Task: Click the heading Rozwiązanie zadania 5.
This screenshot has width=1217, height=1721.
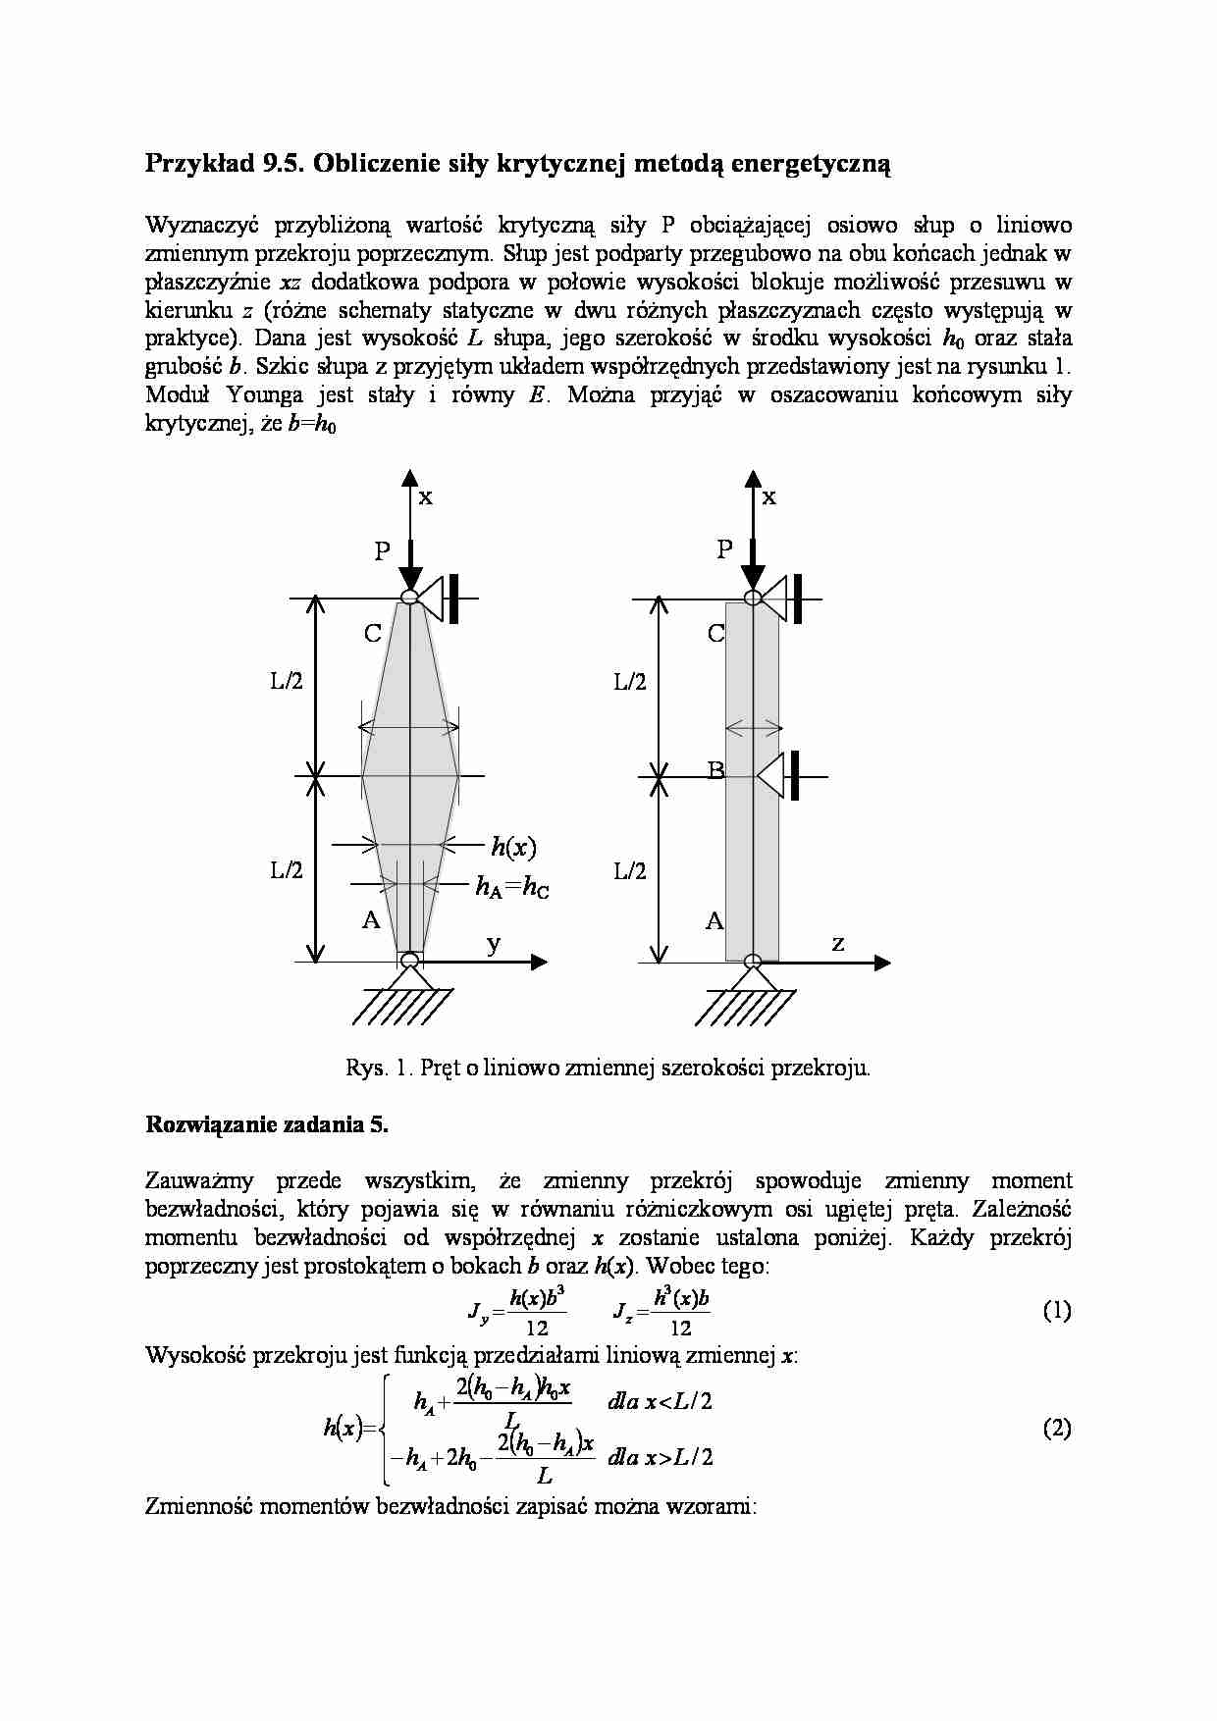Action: tap(267, 1124)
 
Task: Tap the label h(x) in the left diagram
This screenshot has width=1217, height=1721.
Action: tap(513, 846)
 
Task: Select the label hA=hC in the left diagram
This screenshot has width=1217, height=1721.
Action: tap(512, 887)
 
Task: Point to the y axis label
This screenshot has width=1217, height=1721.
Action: tap(494, 944)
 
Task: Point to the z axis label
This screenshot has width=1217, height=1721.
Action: tap(837, 944)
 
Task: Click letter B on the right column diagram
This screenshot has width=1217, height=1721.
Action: tap(716, 770)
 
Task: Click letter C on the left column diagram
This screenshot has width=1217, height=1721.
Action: tap(373, 634)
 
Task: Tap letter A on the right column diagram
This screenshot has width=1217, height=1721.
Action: tap(714, 920)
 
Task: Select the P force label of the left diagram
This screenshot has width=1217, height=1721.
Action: tap(382, 551)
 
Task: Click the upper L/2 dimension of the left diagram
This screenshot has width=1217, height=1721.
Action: tap(288, 682)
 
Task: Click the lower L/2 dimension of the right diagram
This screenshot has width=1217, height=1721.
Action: tap(630, 870)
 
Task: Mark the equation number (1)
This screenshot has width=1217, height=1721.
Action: tap(1056, 1311)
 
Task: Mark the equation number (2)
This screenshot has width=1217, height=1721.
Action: tap(1056, 1429)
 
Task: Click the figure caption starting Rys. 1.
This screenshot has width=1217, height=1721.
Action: tap(608, 1068)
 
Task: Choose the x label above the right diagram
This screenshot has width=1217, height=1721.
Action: tap(768, 496)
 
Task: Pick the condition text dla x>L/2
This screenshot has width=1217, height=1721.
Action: tap(660, 1456)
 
